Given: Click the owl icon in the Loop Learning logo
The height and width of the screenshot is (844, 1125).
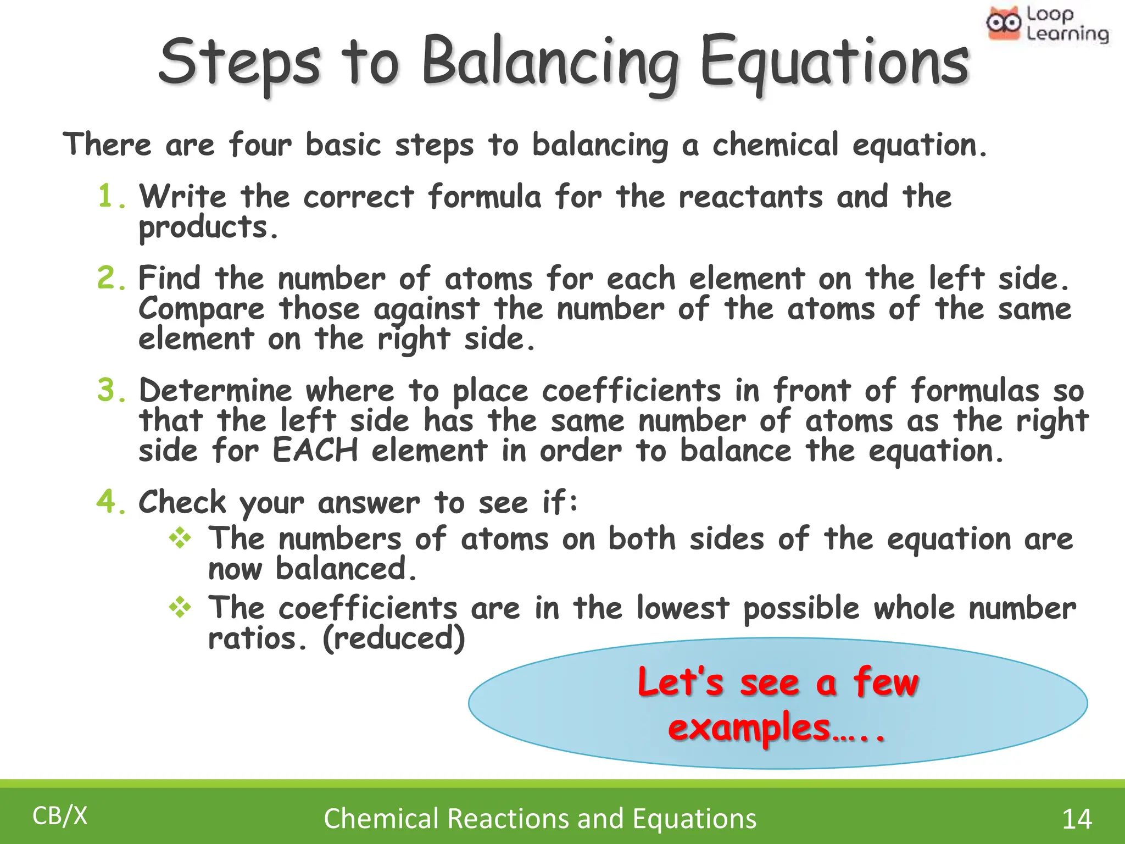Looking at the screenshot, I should tap(1003, 23).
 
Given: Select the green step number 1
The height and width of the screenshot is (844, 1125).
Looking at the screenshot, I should tap(110, 196).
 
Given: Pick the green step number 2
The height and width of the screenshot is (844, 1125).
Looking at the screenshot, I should tap(111, 277).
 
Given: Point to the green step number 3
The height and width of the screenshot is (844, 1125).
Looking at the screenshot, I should tap(111, 390).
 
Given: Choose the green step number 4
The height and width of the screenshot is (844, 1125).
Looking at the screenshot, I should tap(111, 502).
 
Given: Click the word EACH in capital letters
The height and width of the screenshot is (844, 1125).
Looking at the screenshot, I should tap(315, 451).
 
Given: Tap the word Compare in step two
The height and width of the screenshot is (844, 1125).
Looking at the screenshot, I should tap(201, 309).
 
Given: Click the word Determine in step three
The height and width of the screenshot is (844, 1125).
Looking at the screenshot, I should tap(215, 391).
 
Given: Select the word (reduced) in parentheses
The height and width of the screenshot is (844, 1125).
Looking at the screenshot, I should tap(394, 638).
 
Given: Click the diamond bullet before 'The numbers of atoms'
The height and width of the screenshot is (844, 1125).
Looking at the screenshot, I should tap(180, 538).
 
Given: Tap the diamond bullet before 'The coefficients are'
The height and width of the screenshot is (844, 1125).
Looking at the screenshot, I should tap(180, 608).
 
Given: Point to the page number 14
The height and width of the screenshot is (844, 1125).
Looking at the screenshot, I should tap(1077, 819).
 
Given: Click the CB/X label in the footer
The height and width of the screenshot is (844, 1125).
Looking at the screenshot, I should tap(60, 816).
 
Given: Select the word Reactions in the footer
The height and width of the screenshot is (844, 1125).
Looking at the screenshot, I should tap(508, 818).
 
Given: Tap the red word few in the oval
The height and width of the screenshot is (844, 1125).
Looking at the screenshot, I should tap(885, 682).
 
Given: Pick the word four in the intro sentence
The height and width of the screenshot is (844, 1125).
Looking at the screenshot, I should tap(260, 145).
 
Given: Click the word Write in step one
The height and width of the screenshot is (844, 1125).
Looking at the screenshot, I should tap(182, 196).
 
